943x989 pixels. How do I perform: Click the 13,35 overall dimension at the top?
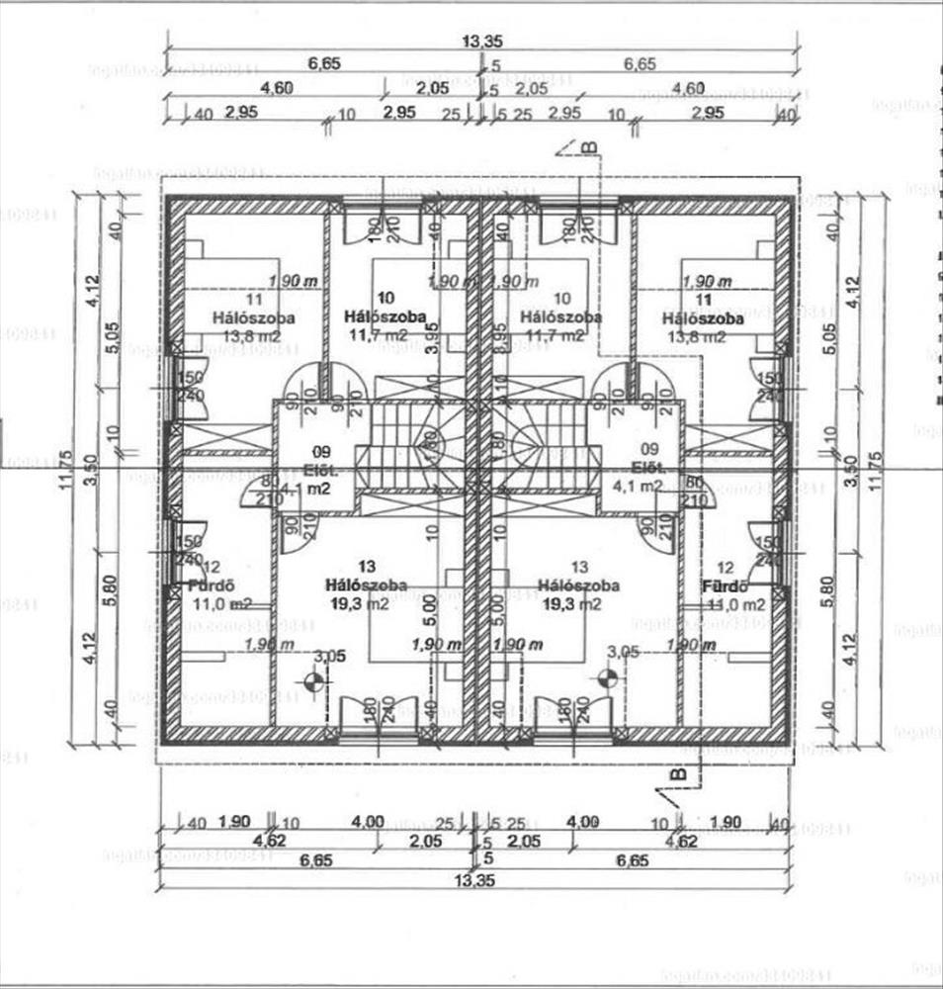[x=478, y=41]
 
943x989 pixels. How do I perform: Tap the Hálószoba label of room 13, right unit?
[x=580, y=585]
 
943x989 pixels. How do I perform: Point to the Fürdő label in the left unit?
[x=211, y=585]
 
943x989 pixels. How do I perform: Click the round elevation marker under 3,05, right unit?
[x=606, y=678]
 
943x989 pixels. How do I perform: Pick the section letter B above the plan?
[x=588, y=148]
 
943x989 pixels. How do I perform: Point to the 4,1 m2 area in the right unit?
[x=638, y=486]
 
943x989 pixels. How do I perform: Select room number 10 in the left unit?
[x=386, y=298]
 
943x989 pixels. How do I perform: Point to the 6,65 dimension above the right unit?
[x=640, y=64]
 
